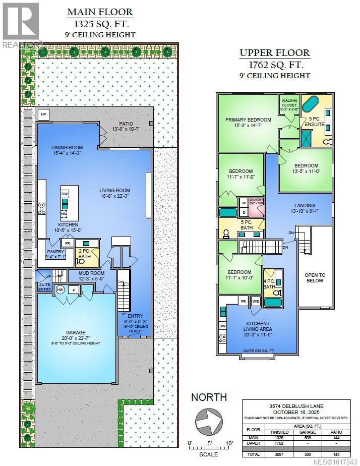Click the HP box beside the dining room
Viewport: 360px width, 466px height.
[x=43, y=114]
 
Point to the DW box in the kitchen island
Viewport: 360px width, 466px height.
[x=65, y=193]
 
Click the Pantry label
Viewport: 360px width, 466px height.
[x=55, y=254]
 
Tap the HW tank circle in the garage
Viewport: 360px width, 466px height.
[x=60, y=289]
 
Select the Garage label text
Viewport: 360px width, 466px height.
[x=75, y=333]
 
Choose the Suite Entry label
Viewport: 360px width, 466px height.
[x=44, y=287]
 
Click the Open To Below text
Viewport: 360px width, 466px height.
[x=315, y=278]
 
